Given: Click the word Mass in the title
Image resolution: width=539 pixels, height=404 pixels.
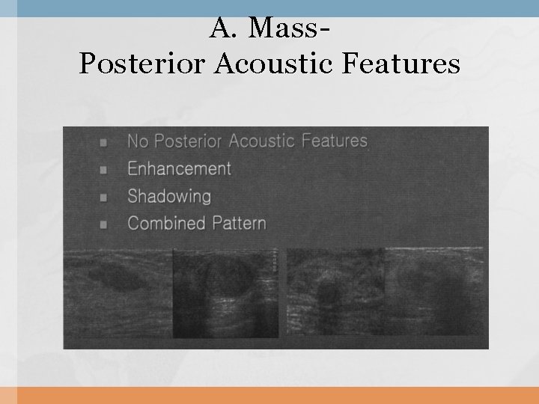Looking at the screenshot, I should (x=286, y=28).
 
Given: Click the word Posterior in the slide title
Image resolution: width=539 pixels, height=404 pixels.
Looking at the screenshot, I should (x=142, y=64).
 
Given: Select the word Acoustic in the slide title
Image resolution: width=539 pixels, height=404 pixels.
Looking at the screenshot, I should (x=272, y=64).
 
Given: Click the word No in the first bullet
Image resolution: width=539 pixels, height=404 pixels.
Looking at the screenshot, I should (x=137, y=141).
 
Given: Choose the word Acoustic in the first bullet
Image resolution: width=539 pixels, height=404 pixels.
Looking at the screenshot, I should (x=262, y=141).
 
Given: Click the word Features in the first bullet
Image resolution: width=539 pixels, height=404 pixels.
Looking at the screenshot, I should (x=335, y=141).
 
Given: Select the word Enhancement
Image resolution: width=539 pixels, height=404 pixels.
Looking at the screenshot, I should (x=179, y=168).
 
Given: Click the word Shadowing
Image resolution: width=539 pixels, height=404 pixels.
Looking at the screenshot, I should (x=169, y=196).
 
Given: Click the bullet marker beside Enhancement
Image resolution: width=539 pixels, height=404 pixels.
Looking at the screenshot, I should (x=103, y=169).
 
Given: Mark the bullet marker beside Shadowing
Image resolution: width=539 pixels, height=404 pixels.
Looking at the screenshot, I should (x=103, y=197).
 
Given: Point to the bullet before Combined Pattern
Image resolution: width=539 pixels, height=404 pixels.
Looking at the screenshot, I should (x=103, y=224).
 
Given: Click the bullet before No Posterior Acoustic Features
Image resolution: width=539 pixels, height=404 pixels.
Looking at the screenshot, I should (x=103, y=141).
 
